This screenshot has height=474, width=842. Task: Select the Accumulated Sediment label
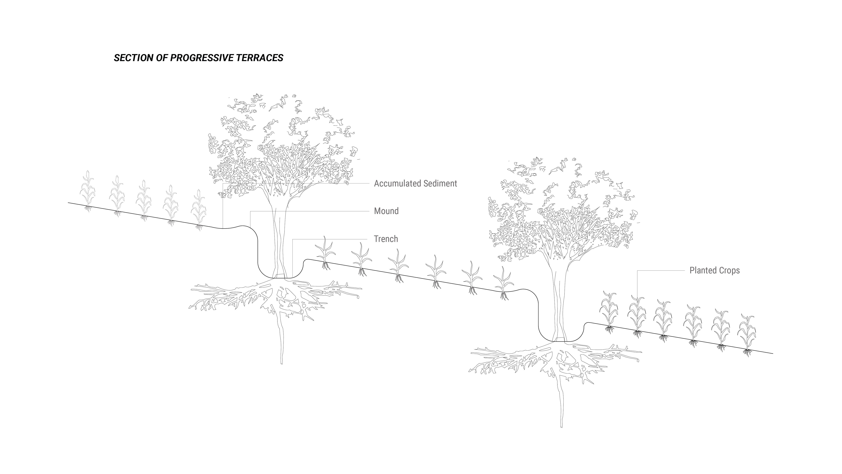pyautogui.click(x=415, y=183)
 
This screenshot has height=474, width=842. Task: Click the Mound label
pyautogui.click(x=386, y=211)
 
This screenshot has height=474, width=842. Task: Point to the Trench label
pyautogui.click(x=386, y=239)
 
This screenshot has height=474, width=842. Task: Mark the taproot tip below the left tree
pyautogui.click(x=281, y=363)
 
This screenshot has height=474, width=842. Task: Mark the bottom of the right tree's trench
pyautogui.click(x=559, y=341)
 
